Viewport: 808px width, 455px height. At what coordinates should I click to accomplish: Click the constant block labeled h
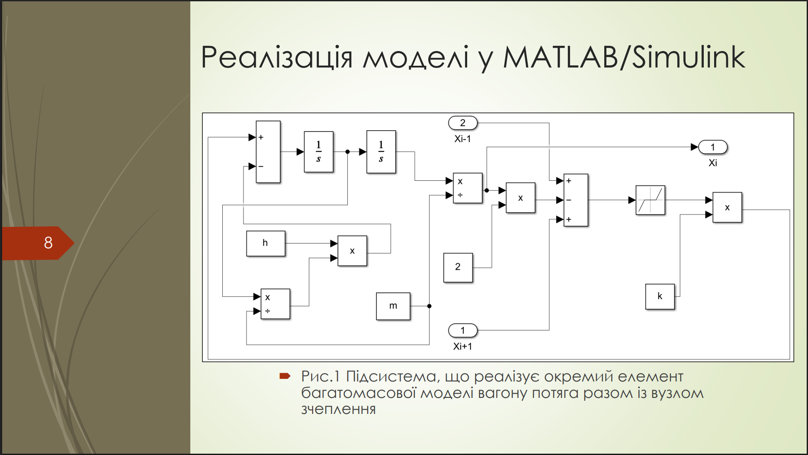point(266,244)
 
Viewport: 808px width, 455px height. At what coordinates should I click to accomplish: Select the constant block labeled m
point(393,306)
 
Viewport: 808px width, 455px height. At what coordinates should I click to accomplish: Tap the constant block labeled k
point(660,297)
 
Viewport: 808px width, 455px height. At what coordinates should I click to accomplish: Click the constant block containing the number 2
point(458,268)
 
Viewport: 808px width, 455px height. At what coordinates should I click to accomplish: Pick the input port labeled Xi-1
point(463,123)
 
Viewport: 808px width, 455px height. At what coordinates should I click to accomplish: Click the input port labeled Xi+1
point(463,331)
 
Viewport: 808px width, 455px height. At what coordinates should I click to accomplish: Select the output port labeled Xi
point(713,147)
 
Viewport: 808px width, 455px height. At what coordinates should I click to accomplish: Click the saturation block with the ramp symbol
point(650,200)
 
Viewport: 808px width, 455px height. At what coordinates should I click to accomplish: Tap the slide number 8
point(48,243)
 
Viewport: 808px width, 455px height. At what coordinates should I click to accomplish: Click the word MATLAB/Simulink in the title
point(624,57)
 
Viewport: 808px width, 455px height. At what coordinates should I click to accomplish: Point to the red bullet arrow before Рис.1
point(285,376)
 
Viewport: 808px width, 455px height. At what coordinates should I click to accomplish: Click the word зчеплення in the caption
point(338,409)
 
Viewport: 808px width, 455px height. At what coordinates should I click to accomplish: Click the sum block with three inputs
point(576,200)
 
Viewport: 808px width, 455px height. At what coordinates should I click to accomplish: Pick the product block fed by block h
point(352,251)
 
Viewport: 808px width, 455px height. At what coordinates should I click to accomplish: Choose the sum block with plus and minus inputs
point(268,152)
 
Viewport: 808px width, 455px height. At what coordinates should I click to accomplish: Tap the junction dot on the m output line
point(429,306)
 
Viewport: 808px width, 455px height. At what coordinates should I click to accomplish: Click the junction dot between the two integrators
point(347,152)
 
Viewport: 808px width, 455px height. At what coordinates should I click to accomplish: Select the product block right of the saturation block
point(727,208)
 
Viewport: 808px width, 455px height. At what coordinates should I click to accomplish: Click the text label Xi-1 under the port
point(462,139)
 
